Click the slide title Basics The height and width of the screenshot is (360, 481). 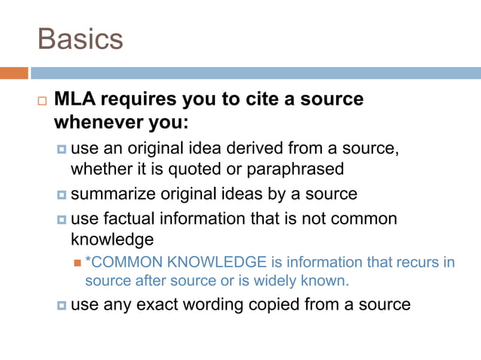click(x=79, y=39)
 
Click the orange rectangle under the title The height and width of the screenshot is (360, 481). click(x=14, y=73)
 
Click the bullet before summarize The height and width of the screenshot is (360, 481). click(x=62, y=194)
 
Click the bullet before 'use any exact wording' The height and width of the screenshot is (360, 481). click(x=62, y=305)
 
